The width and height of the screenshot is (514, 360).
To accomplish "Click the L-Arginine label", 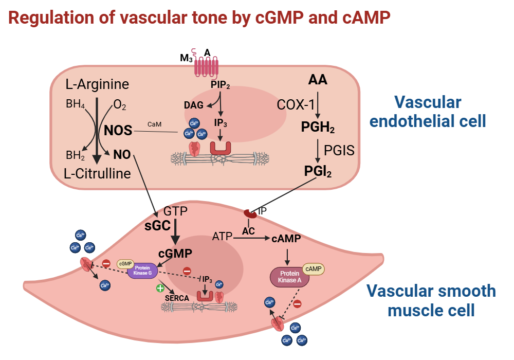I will tap(97, 84).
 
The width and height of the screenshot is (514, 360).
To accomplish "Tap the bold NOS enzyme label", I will tap(118, 130).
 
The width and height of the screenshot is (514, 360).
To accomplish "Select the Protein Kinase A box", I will tap(289, 278).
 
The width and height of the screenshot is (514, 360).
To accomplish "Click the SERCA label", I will tap(176, 297).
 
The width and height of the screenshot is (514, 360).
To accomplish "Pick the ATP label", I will tap(222, 237).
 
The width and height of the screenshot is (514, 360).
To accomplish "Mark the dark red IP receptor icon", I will tap(250, 213).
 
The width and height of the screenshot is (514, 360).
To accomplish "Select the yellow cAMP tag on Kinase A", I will tap(314, 268).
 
